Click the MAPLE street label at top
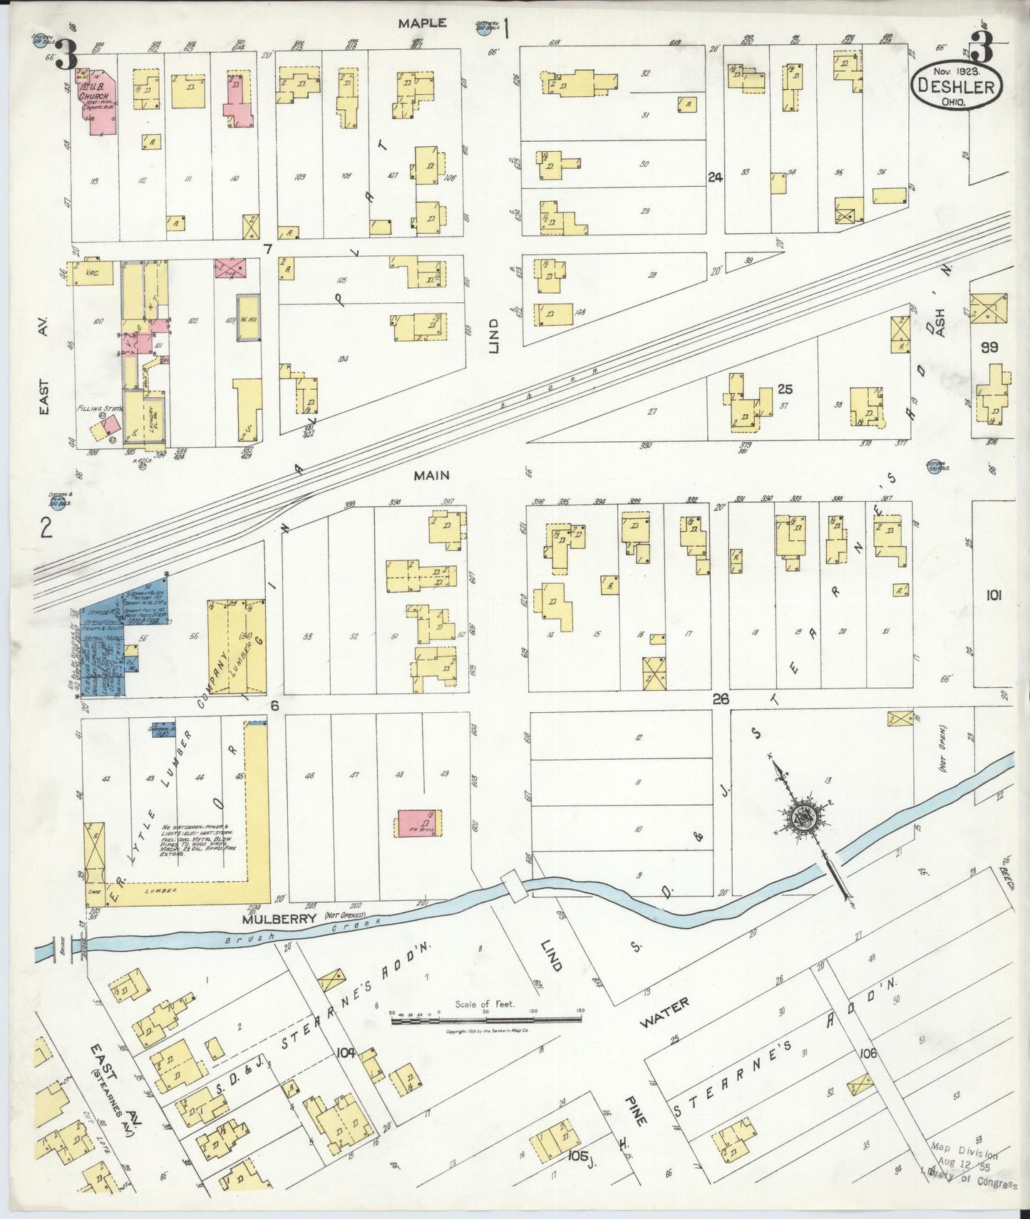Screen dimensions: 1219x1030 (x=422, y=24)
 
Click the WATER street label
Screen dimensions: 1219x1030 (x=664, y=1012)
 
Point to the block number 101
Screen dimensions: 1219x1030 (x=992, y=595)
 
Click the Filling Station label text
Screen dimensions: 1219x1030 (x=100, y=408)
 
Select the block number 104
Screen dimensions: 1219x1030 (x=346, y=1052)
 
